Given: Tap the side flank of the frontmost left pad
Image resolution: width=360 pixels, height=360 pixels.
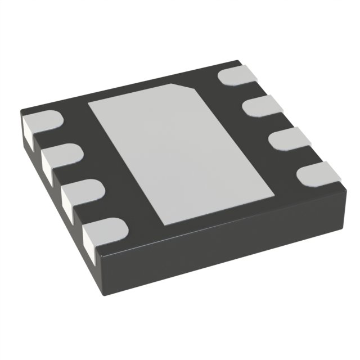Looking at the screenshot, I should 88,241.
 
